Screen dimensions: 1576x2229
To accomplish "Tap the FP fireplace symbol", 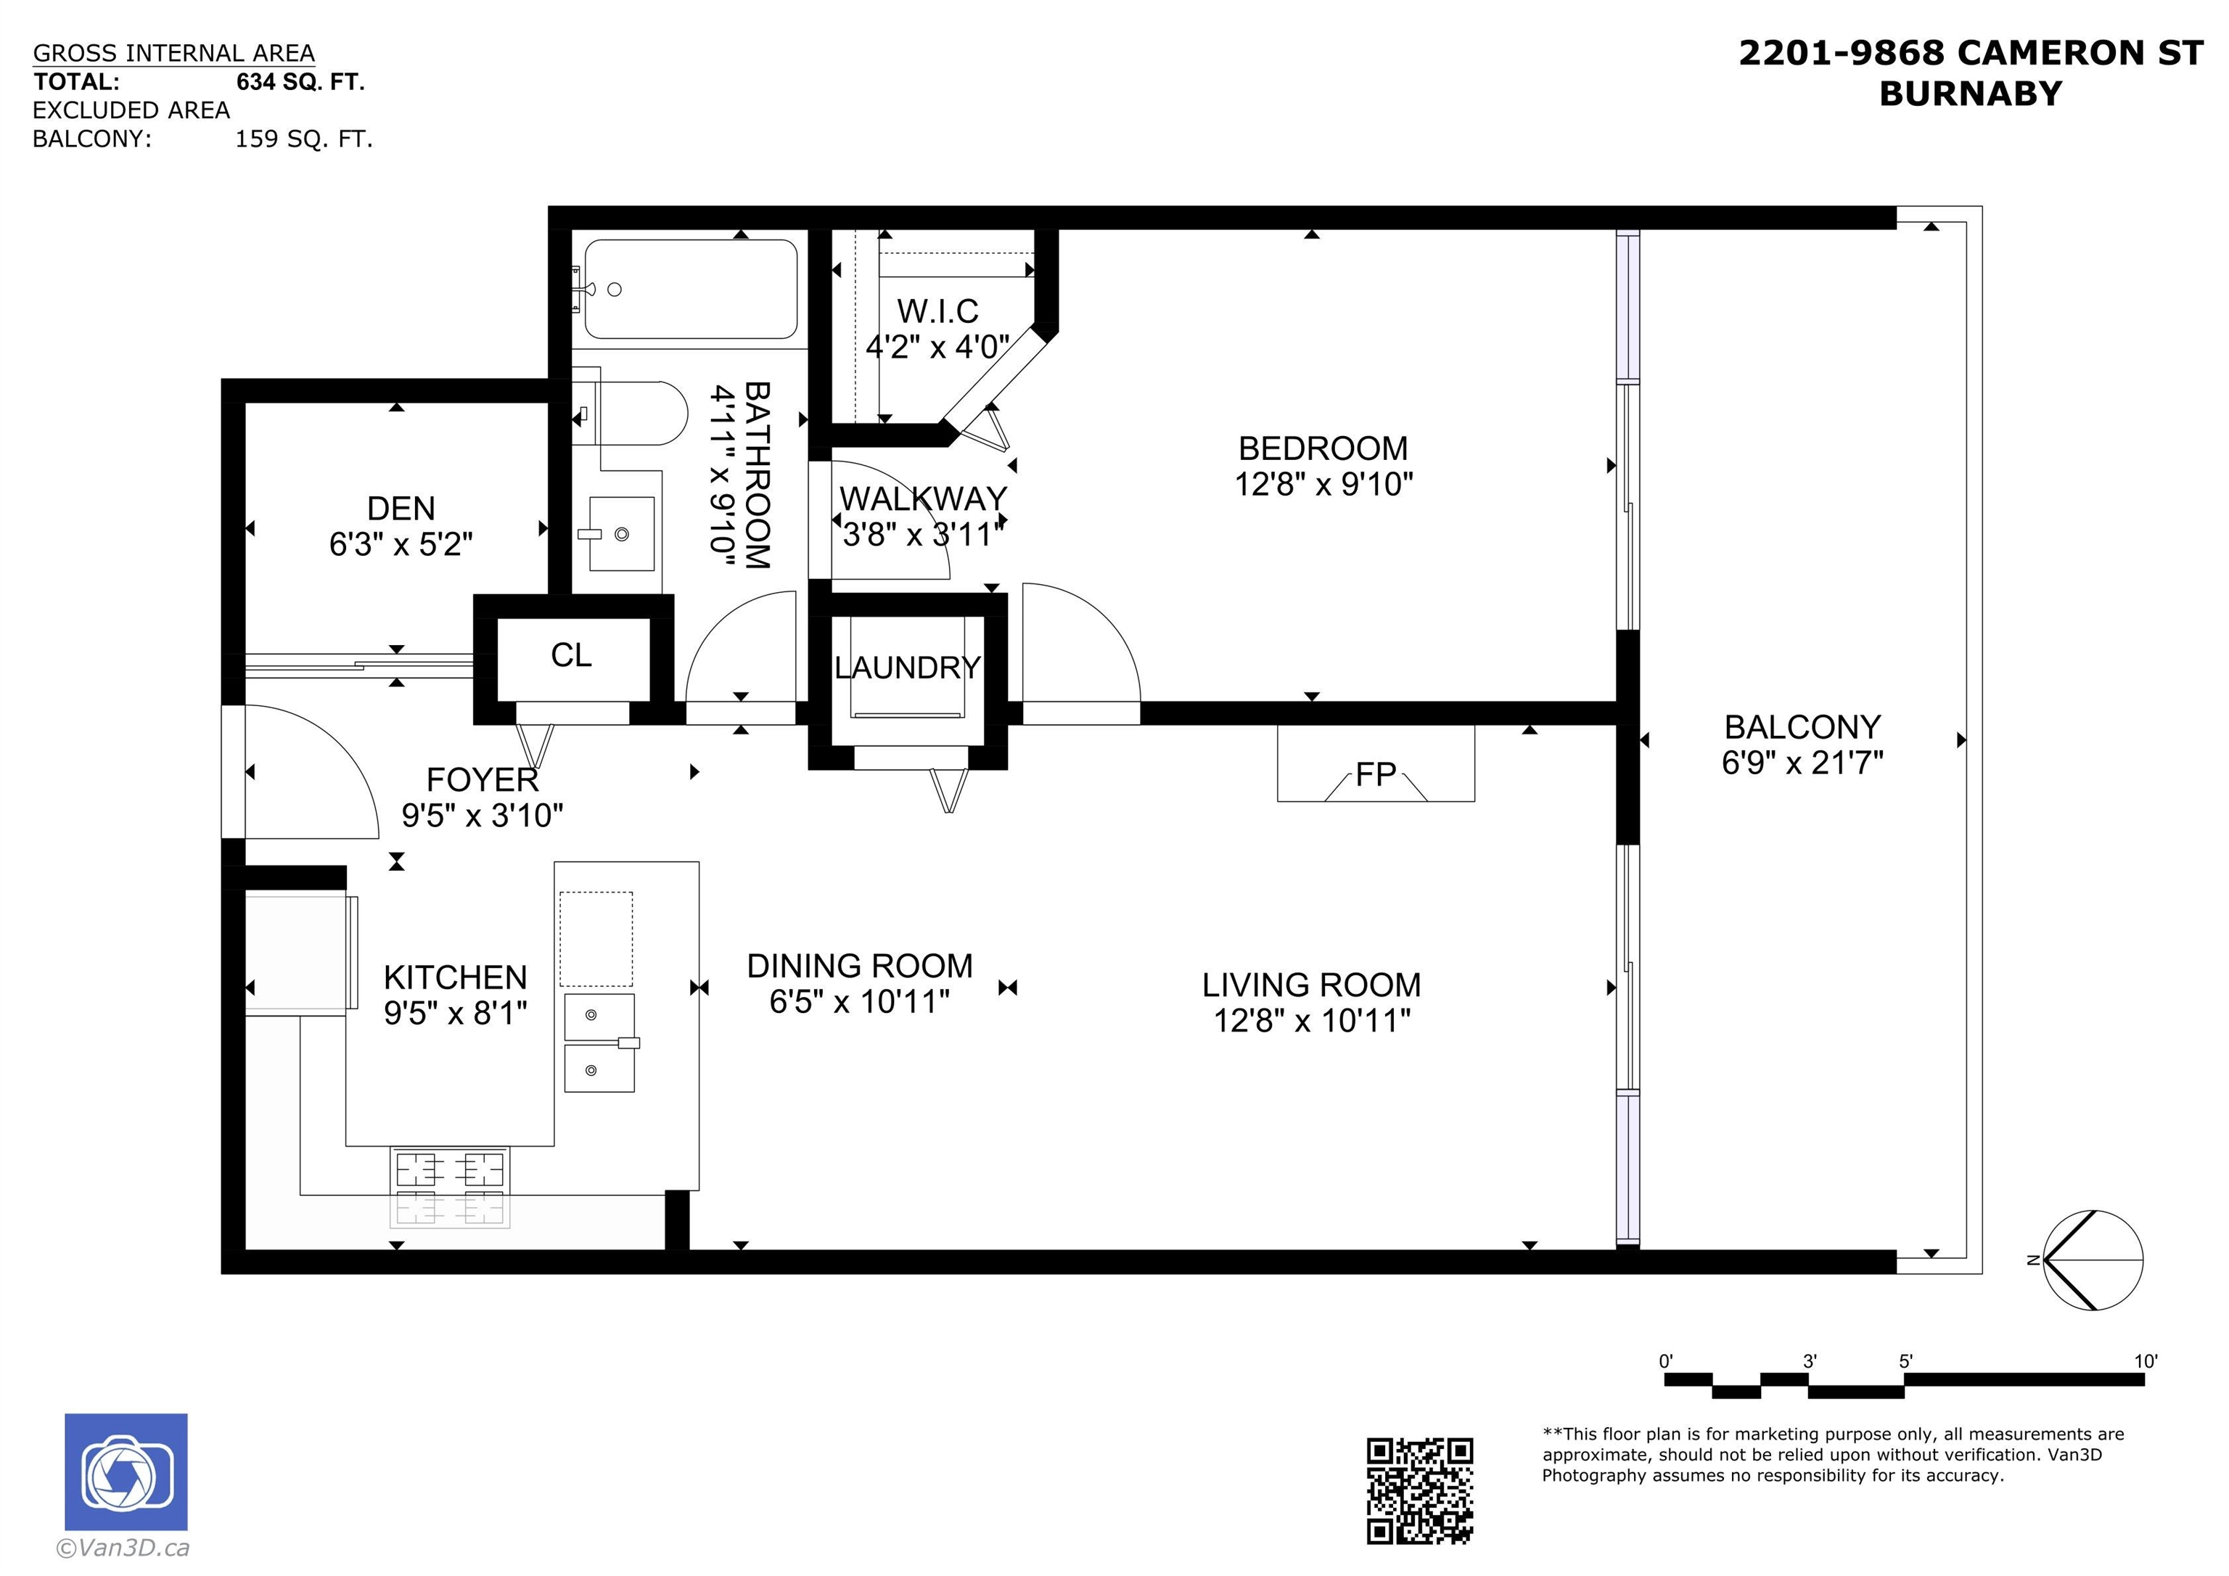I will click(1375, 775).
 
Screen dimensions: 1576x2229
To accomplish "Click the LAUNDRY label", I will click(907, 668).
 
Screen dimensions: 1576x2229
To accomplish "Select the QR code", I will click(1419, 1490).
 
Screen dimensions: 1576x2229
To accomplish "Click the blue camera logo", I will click(126, 1472).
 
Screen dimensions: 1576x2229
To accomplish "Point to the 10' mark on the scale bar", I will click(2145, 1361).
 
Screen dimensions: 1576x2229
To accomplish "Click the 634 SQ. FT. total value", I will click(300, 83).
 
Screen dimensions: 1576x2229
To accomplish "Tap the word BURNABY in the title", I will click(1970, 94).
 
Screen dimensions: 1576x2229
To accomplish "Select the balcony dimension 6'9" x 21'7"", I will click(1802, 763).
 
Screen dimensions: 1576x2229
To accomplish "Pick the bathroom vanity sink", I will click(621, 534).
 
